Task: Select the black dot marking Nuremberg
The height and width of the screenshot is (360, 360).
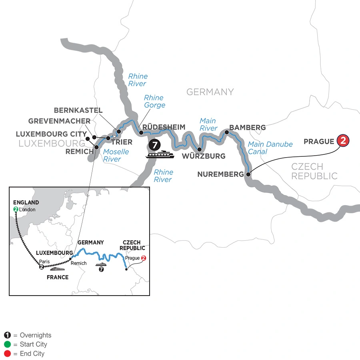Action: tap(248, 174)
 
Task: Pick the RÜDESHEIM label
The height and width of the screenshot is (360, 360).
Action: tap(164, 127)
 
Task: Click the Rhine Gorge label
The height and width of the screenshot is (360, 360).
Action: tap(154, 101)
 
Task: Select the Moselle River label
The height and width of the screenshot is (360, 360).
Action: tap(116, 156)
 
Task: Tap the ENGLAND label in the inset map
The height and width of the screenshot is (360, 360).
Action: tap(26, 202)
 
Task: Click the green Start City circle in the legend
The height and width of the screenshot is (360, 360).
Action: tap(7, 344)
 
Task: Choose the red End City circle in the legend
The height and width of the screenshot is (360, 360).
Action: tap(7, 354)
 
